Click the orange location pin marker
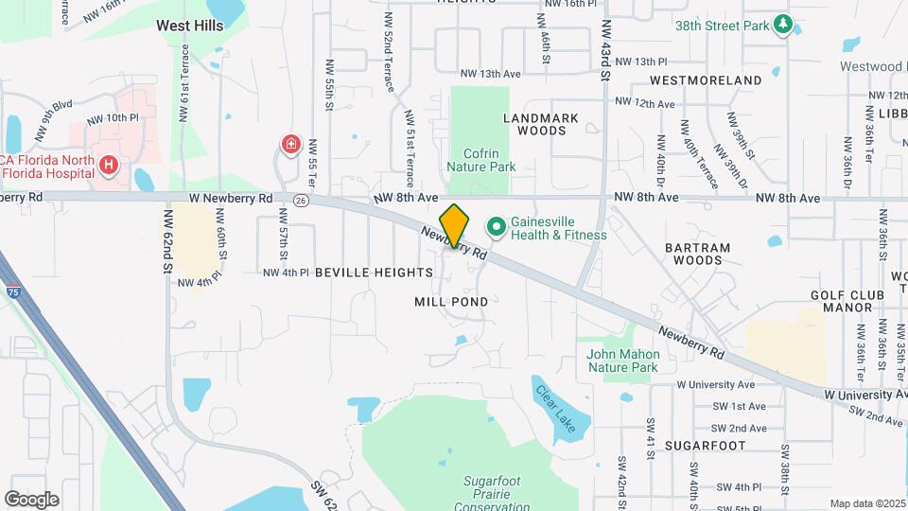pos(455,225)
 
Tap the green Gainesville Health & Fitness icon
pos(495,226)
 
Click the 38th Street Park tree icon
pos(782,25)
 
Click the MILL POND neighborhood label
pos(451,302)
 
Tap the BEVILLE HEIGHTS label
pos(374,273)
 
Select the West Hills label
pos(190,26)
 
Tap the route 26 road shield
pos(301,200)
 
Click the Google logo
pos(31,499)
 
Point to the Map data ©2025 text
pos(866,503)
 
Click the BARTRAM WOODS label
pos(697,254)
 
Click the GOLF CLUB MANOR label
pos(847,301)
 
